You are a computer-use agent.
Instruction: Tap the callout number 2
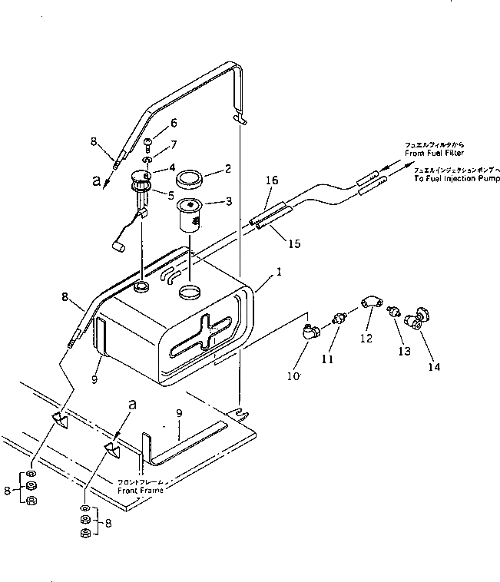[228, 168]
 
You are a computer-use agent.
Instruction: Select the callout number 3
[228, 201]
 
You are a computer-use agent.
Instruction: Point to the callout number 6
[174, 123]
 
